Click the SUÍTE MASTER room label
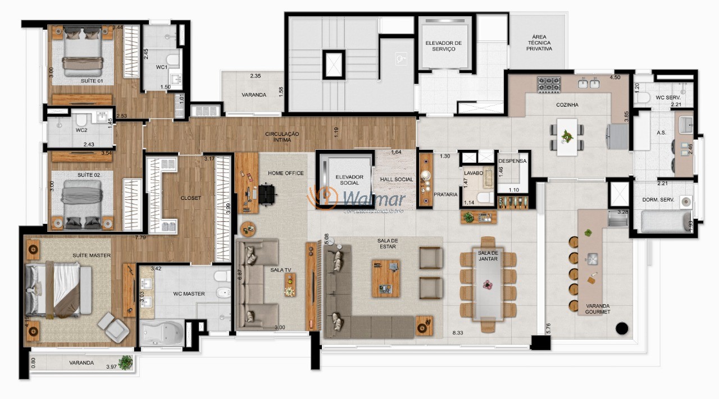coord(92,255)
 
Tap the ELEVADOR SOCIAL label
coord(349,180)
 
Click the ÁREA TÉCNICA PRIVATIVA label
coord(539,43)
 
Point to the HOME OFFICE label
coord(285,173)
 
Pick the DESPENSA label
coord(512,161)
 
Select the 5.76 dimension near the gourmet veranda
coord(549,328)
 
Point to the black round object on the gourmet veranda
coord(621,328)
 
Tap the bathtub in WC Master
coord(161,333)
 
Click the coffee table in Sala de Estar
coord(386,278)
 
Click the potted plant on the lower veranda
coord(126,363)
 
